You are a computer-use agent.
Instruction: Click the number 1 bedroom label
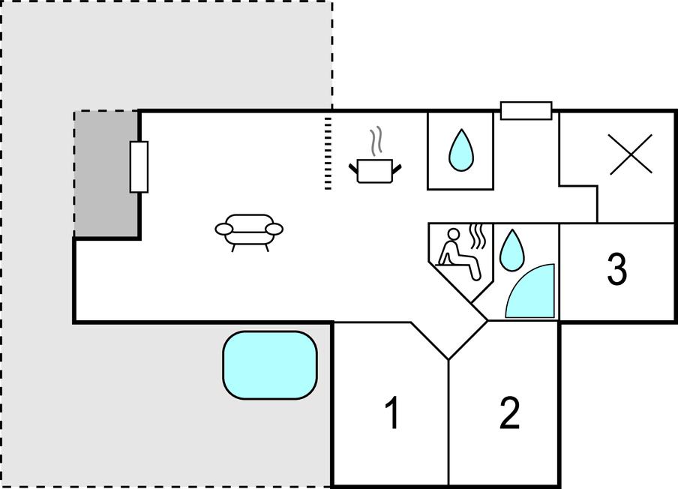click(392, 413)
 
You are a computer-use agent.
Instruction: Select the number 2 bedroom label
click(510, 413)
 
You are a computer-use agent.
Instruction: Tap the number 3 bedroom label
click(617, 269)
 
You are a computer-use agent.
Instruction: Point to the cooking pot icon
click(375, 171)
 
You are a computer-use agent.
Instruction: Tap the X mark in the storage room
click(631, 154)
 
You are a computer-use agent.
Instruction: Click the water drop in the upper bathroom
click(461, 150)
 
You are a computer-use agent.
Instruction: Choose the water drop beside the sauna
click(512, 250)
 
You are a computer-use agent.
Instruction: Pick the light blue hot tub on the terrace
click(270, 365)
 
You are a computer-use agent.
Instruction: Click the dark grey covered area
click(106, 174)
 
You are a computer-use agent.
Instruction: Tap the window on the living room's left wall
click(139, 167)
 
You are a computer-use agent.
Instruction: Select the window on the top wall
click(526, 111)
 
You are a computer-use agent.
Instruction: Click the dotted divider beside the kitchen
click(328, 153)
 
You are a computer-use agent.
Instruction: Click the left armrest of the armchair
click(224, 229)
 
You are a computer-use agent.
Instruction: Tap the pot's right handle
click(397, 169)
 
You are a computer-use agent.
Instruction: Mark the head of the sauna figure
click(454, 235)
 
